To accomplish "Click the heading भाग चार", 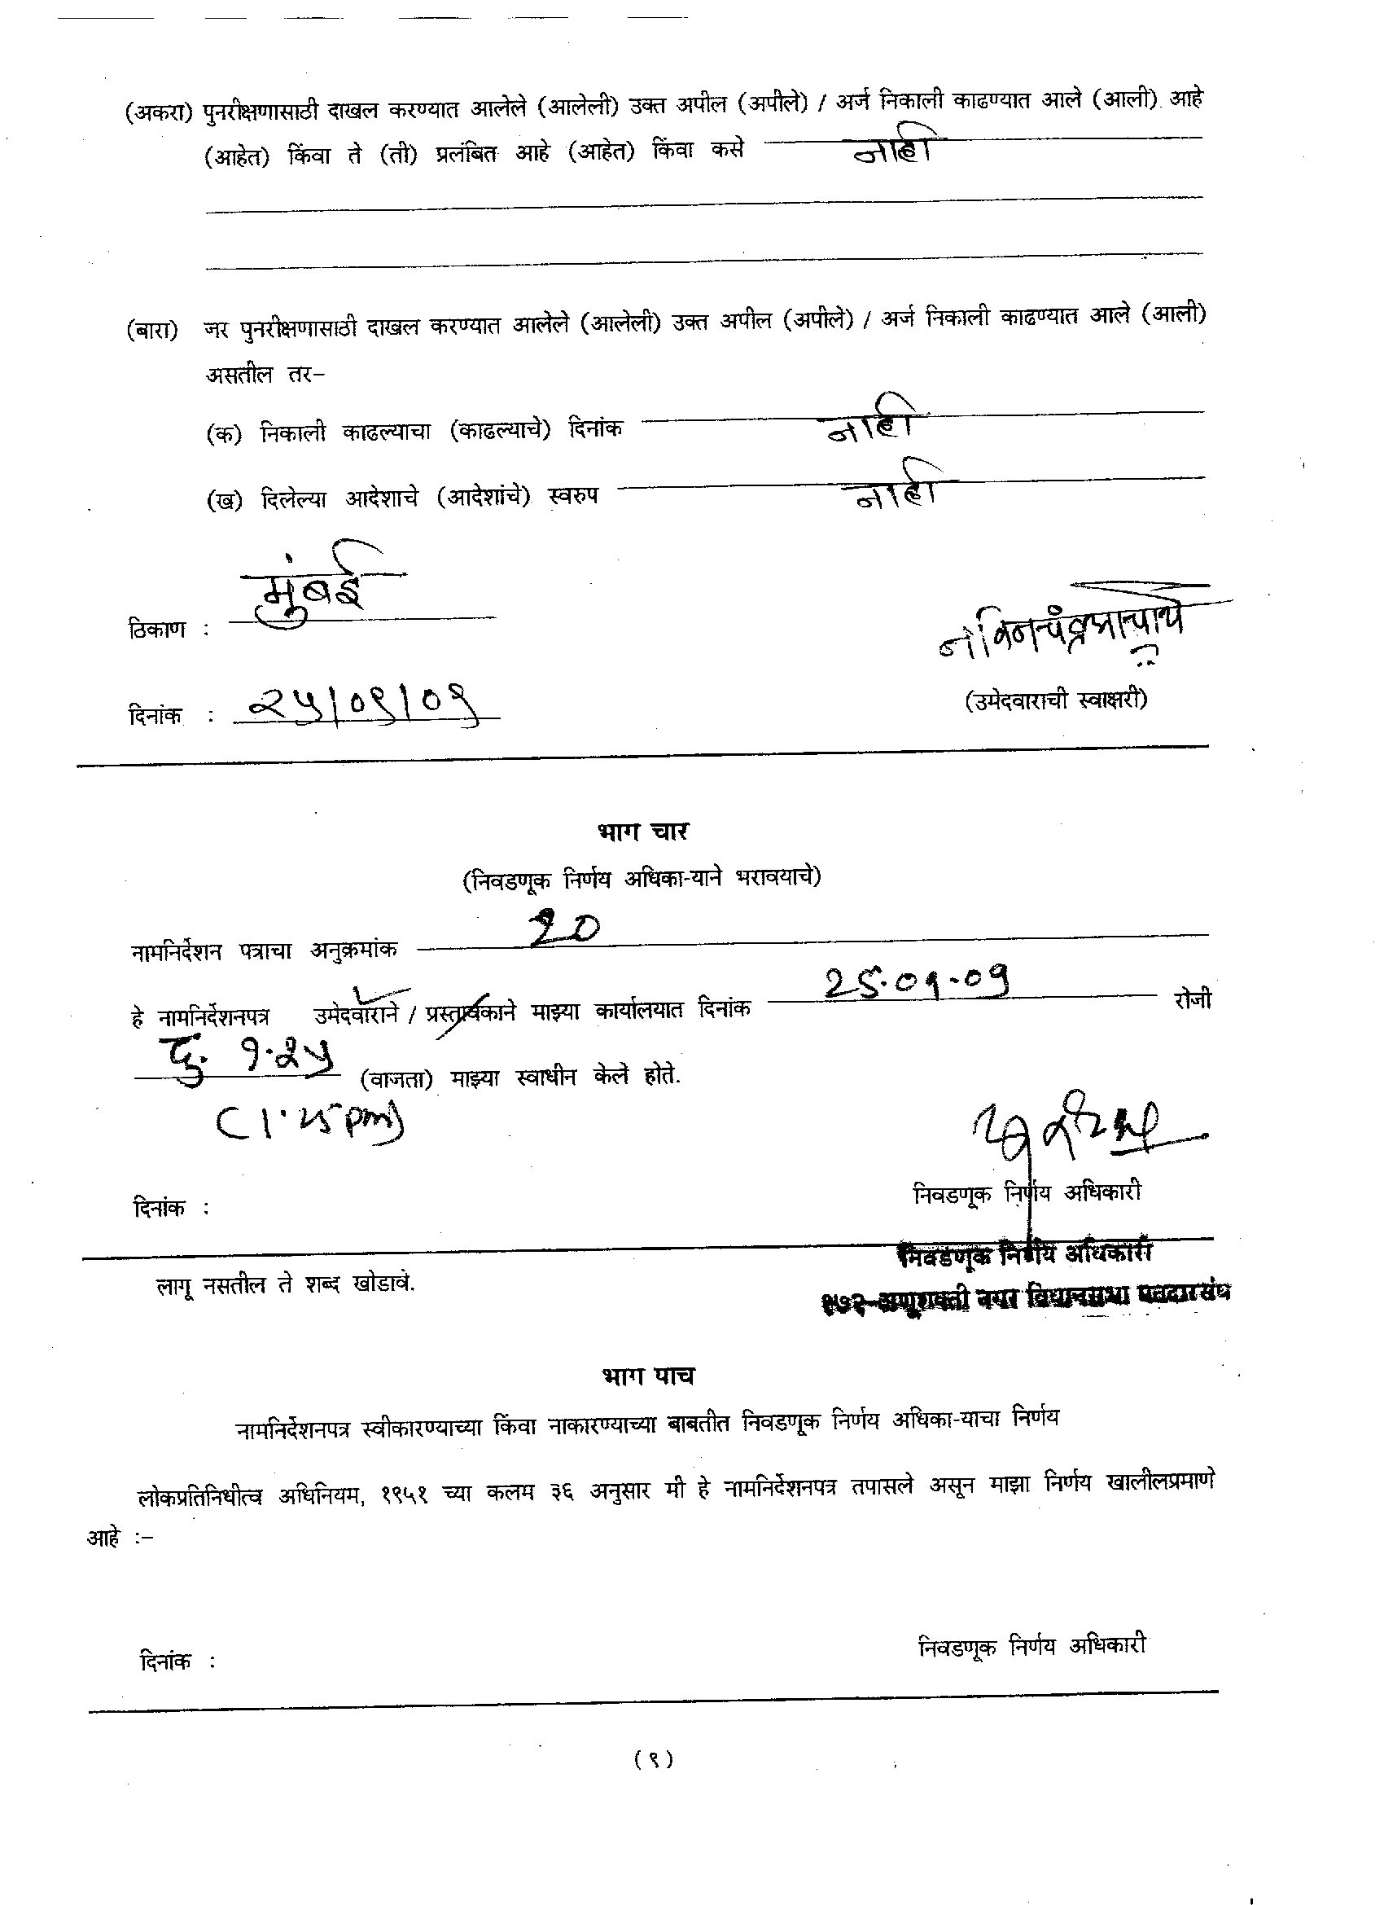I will pyautogui.click(x=642, y=832).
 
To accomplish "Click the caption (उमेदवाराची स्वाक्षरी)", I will pyautogui.click(x=1056, y=700).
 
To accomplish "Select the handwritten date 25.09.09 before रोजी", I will pyautogui.click(x=916, y=982).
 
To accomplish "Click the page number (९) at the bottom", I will pyautogui.click(x=654, y=1758).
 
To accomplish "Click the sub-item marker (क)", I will pyautogui.click(x=223, y=434).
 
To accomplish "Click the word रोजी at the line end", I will pyautogui.click(x=1193, y=999).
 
